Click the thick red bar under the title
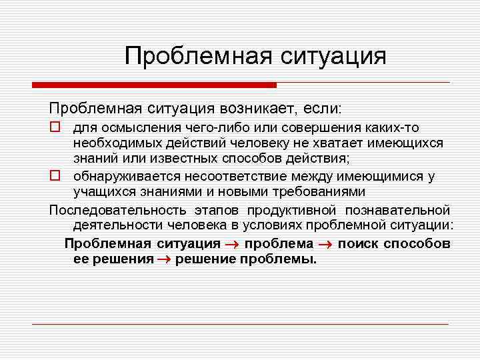(x=154, y=85)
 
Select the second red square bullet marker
(x=55, y=177)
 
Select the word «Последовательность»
(x=109, y=210)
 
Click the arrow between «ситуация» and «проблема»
(x=230, y=244)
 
